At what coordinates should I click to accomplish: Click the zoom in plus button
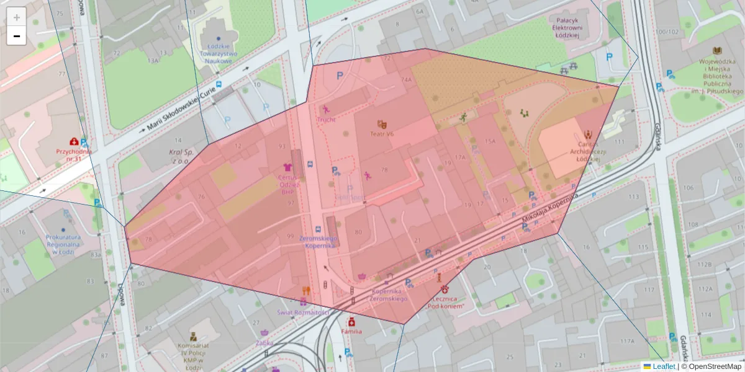[x=17, y=17]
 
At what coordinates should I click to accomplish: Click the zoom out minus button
[x=17, y=36]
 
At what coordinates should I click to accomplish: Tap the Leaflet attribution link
[x=664, y=366]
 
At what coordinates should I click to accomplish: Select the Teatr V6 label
[x=382, y=134]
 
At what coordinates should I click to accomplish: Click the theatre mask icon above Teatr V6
[x=381, y=124]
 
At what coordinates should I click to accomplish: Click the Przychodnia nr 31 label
[x=74, y=154]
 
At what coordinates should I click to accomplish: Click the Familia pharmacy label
[x=351, y=332]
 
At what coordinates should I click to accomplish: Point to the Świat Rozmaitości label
[x=303, y=312]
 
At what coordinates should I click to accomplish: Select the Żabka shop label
[x=264, y=342]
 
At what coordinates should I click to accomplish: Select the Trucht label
[x=326, y=119]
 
